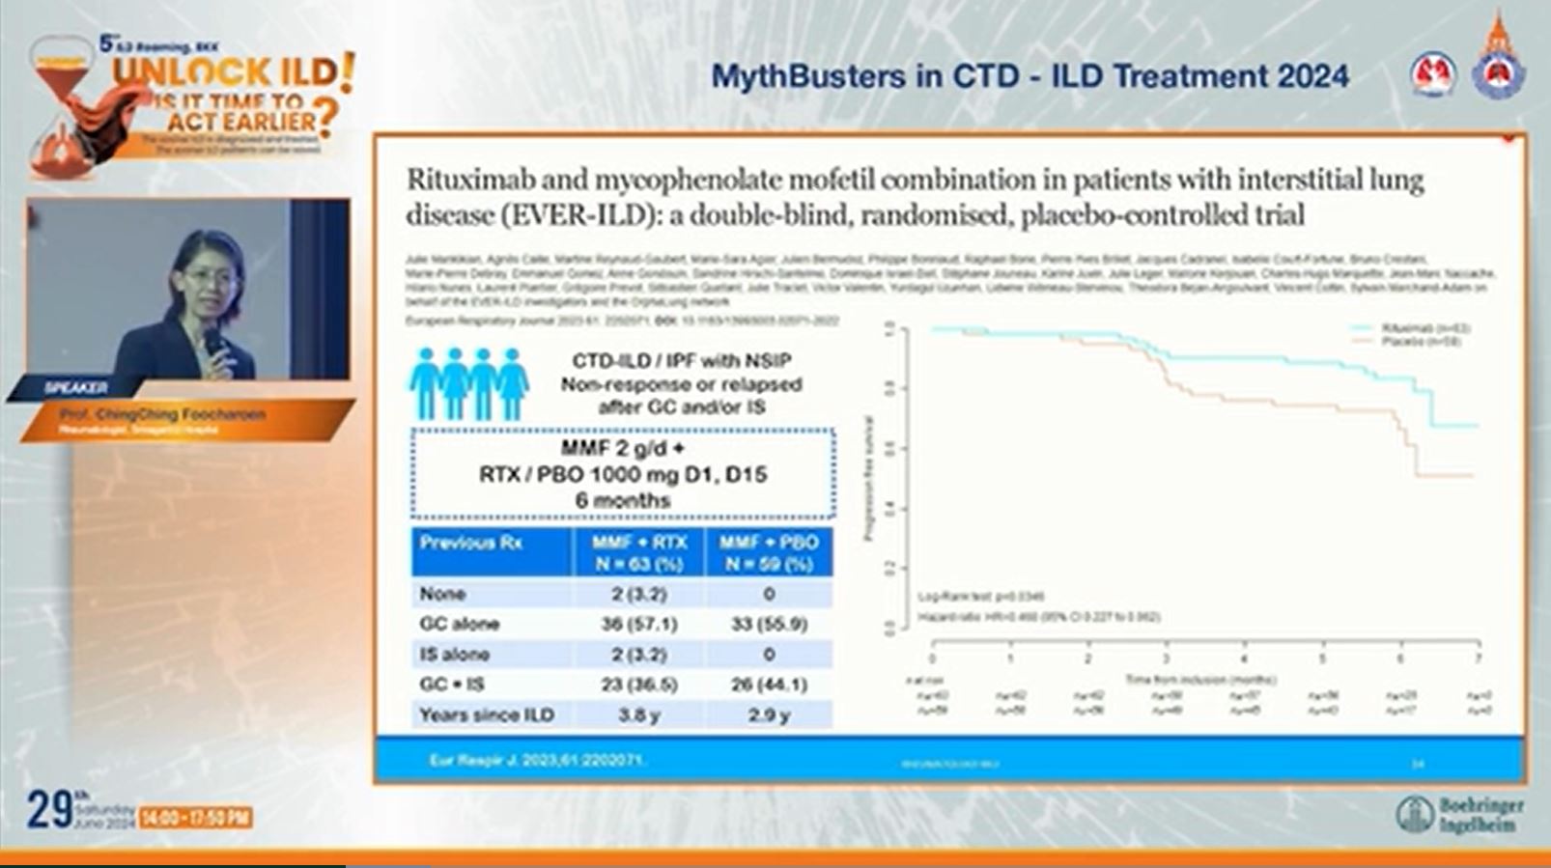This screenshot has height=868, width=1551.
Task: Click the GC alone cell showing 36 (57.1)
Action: [x=638, y=624]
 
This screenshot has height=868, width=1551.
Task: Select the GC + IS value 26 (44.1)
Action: [x=769, y=685]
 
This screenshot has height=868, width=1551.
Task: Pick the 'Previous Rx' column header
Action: [x=470, y=543]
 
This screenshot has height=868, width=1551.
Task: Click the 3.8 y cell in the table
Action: [x=638, y=715]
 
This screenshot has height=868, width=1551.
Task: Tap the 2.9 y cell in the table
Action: [x=769, y=715]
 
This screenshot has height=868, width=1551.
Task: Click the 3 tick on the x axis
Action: [x=1167, y=658]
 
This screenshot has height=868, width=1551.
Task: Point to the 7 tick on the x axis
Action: [x=1479, y=658]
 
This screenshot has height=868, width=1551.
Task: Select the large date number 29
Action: [x=48, y=811]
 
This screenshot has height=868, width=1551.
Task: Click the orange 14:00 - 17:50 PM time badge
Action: [x=196, y=818]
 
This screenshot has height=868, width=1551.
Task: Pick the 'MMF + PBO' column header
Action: [x=769, y=543]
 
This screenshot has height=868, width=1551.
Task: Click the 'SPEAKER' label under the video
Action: [x=76, y=388]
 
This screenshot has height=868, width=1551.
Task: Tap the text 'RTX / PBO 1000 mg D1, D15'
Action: [x=623, y=475]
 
